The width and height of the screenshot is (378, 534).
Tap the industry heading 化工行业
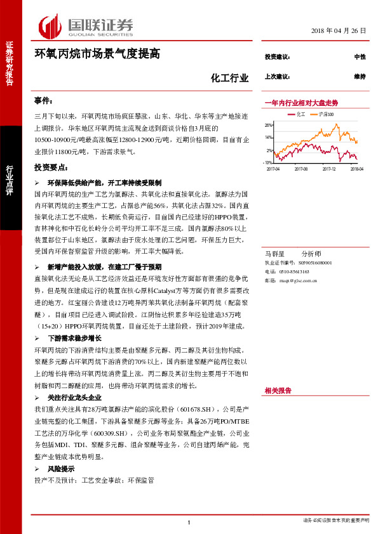229,79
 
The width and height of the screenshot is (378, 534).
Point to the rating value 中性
360,57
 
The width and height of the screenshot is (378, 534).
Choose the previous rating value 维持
360,77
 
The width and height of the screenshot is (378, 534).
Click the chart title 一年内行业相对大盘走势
301,102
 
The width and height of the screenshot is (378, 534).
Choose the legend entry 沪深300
327,114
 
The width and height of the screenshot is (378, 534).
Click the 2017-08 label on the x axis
300,169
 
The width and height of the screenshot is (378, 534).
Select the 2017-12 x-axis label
328,169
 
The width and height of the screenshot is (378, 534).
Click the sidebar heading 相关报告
278,391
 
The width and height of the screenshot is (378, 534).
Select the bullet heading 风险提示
61,469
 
